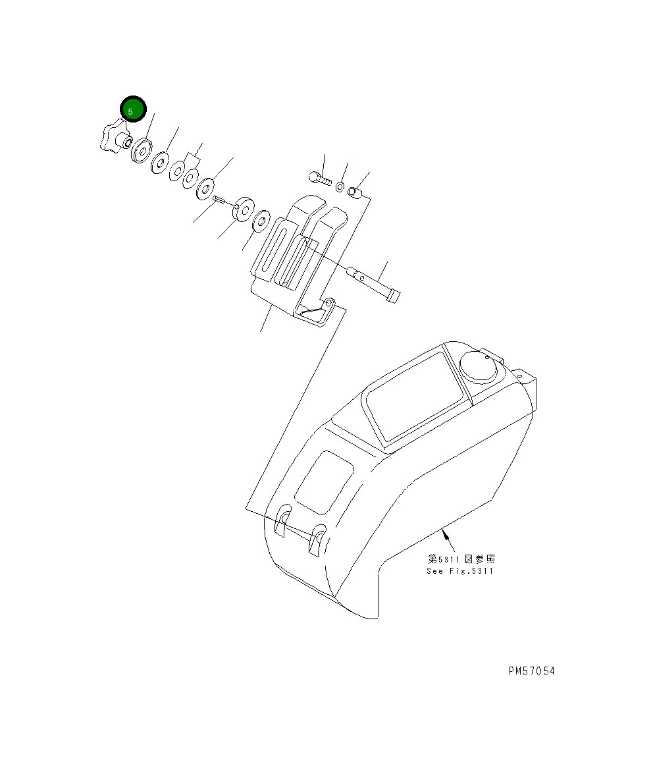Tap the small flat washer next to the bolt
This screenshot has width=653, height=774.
click(x=340, y=187)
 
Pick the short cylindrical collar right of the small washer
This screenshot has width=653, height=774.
click(x=354, y=192)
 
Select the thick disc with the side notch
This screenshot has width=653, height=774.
click(x=242, y=208)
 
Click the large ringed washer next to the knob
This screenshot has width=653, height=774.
click(x=142, y=152)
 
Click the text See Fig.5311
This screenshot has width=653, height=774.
click(x=459, y=570)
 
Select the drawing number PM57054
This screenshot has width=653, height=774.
click(x=531, y=671)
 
